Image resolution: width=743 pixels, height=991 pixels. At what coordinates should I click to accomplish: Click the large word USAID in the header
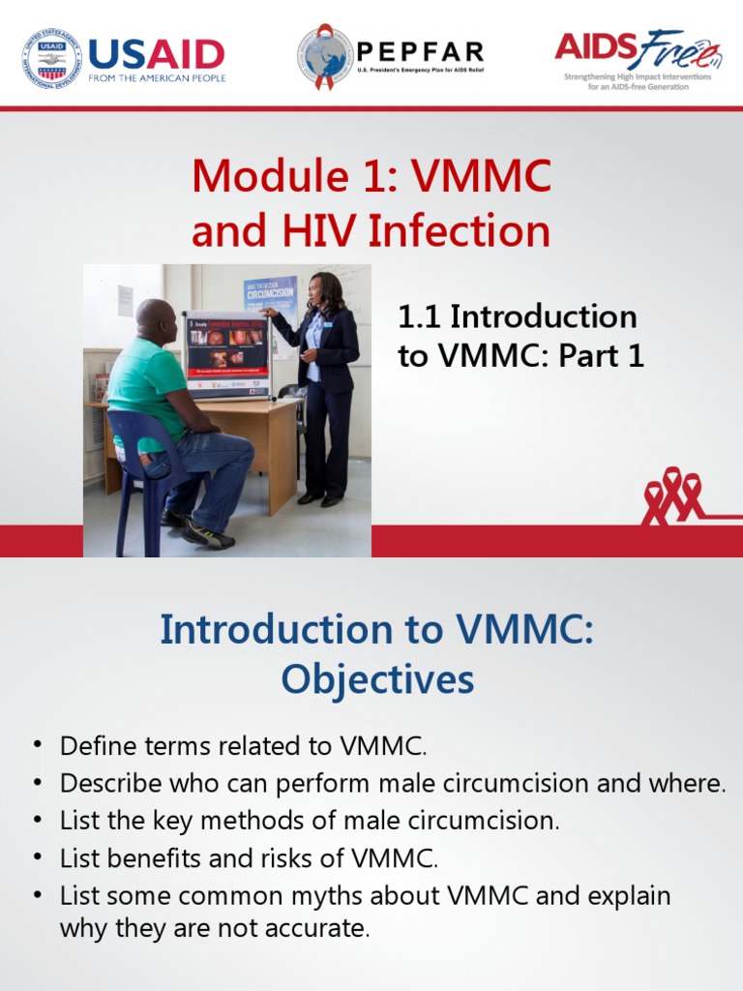point(156,54)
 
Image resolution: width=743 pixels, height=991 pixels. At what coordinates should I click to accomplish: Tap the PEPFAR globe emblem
point(325,56)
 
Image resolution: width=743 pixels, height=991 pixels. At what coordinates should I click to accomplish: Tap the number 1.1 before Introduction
point(420,316)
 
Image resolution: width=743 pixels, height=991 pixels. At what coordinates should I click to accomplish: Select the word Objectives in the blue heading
point(377,680)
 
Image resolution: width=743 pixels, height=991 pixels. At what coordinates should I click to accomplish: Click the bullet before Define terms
point(38,745)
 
